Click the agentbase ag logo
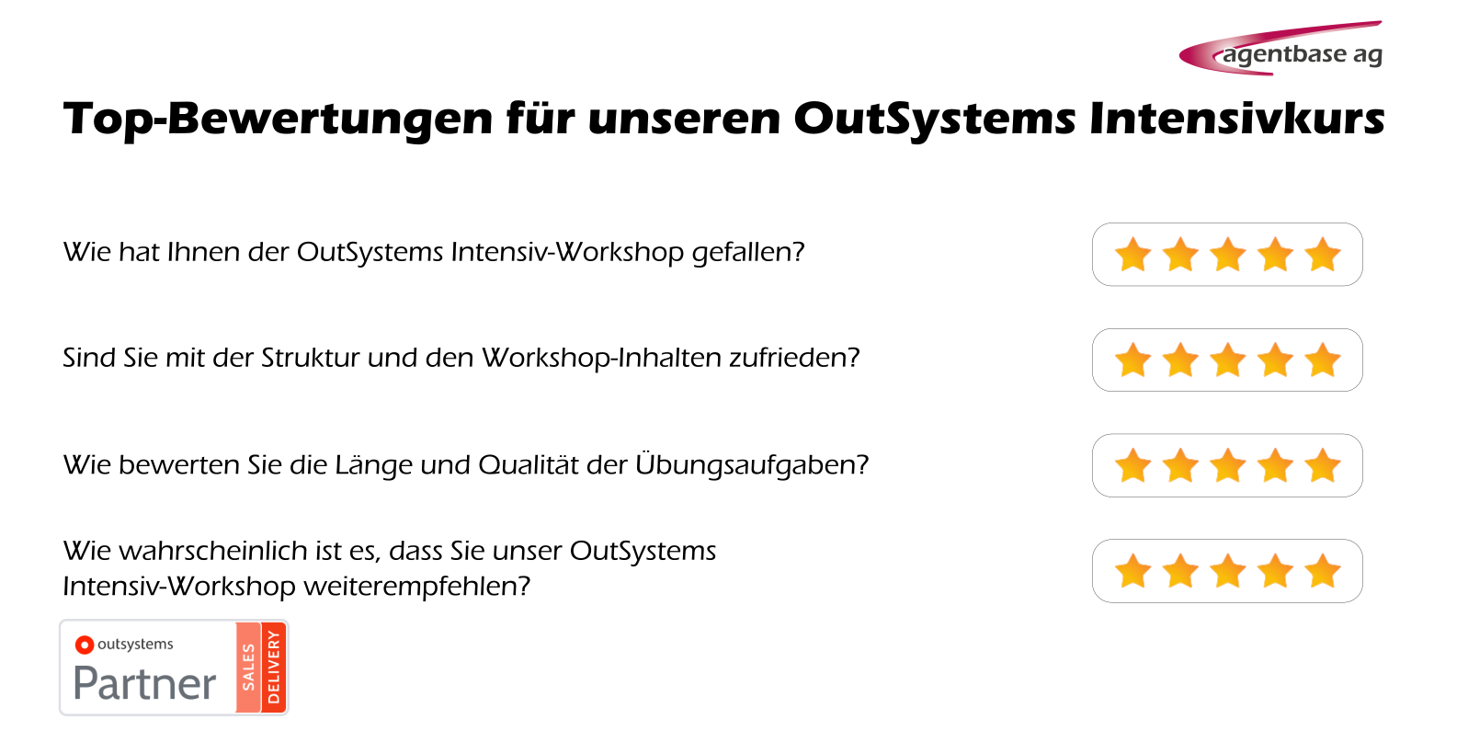point(1280,49)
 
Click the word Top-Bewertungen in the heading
point(278,120)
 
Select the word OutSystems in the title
point(935,120)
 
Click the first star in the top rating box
point(1132,255)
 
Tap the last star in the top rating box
point(1323,255)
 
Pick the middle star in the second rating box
point(1227,360)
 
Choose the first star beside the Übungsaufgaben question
point(1132,465)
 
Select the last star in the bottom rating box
point(1323,571)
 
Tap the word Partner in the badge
point(145,683)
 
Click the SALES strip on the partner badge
point(248,668)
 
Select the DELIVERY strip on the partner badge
point(274,668)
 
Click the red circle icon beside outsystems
point(84,645)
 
